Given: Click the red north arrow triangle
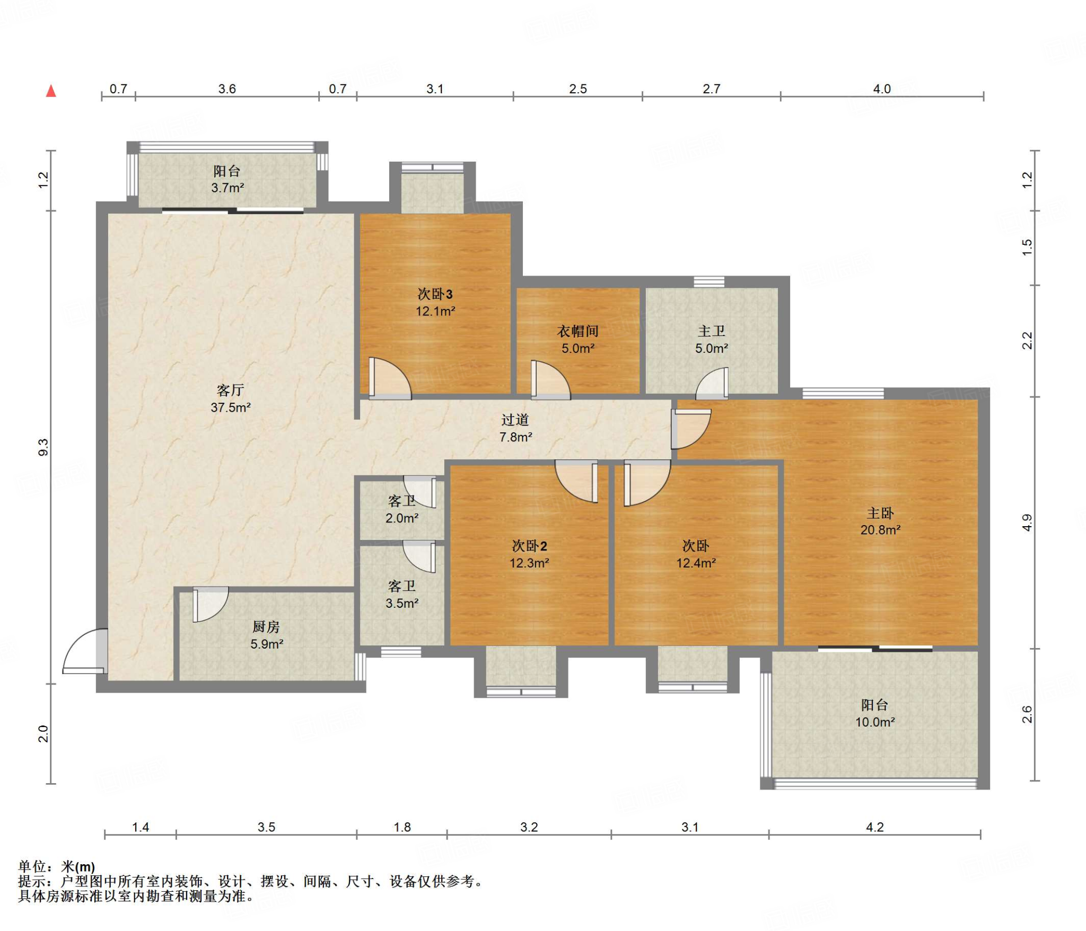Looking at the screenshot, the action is pyautogui.click(x=51, y=91).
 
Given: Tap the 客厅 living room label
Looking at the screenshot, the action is pyautogui.click(x=230, y=391).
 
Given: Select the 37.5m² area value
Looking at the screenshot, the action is pyautogui.click(x=231, y=407).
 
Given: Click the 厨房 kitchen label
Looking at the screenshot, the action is pyautogui.click(x=266, y=627).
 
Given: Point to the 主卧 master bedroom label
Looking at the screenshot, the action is pyautogui.click(x=880, y=513).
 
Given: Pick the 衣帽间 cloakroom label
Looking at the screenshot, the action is pyautogui.click(x=578, y=331).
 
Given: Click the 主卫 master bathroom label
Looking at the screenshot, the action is pyautogui.click(x=712, y=331).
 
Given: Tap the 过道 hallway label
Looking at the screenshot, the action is pyautogui.click(x=515, y=420).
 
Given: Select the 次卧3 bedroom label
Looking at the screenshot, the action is pyautogui.click(x=435, y=294).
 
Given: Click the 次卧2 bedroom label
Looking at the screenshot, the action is pyautogui.click(x=529, y=546).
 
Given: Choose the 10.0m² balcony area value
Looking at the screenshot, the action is pyautogui.click(x=875, y=722).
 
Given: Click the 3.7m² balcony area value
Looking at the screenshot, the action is pyautogui.click(x=227, y=188).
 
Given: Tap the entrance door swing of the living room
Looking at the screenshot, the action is pyautogui.click(x=84, y=651).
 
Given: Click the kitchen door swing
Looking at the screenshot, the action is pyautogui.click(x=211, y=604).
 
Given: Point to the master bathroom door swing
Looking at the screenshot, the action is pyautogui.click(x=712, y=383).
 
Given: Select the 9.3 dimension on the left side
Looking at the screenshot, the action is pyautogui.click(x=43, y=447).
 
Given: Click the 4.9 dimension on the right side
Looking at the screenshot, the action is pyautogui.click(x=1027, y=523).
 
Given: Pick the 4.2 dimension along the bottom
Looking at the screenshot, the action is pyautogui.click(x=875, y=827).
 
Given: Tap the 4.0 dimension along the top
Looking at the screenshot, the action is pyautogui.click(x=882, y=89).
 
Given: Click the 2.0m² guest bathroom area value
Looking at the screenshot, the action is pyautogui.click(x=402, y=518).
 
